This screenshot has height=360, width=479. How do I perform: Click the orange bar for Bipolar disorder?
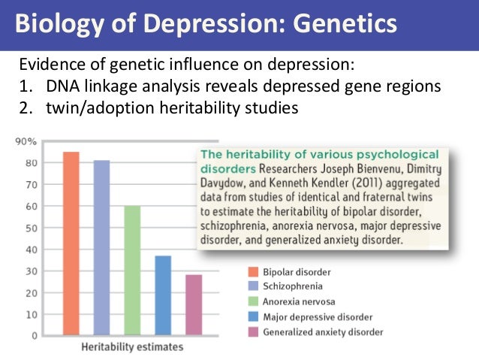pos(71,244)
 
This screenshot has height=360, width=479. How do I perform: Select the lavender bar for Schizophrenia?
pos(101,247)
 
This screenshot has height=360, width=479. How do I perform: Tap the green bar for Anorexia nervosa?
pos(132,270)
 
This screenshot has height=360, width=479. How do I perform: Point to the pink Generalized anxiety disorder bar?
pos(193,304)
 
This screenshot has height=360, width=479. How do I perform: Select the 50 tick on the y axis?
pos(32,228)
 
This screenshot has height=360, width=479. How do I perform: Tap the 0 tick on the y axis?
pos(35,336)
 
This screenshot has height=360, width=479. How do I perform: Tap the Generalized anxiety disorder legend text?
pos(323,331)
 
